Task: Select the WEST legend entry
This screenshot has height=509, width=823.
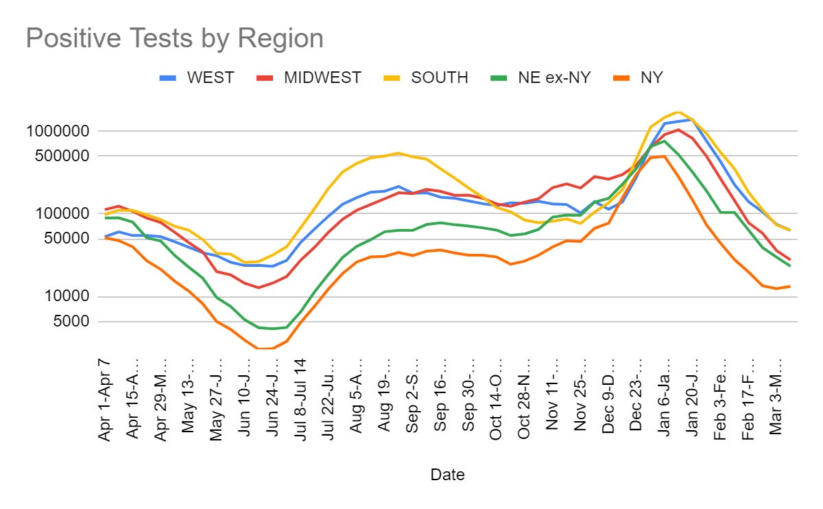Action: pyautogui.click(x=211, y=78)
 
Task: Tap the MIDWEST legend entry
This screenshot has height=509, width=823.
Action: pyautogui.click(x=322, y=78)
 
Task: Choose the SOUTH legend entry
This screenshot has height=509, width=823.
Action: pyautogui.click(x=439, y=78)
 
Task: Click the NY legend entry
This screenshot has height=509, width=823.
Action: pyautogui.click(x=650, y=78)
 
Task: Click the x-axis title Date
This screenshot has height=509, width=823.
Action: pyautogui.click(x=447, y=475)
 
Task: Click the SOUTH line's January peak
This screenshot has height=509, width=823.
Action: pyautogui.click(x=678, y=113)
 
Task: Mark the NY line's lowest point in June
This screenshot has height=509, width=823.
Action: pyautogui.click(x=259, y=348)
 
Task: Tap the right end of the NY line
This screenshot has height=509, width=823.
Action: pyautogui.click(x=790, y=286)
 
